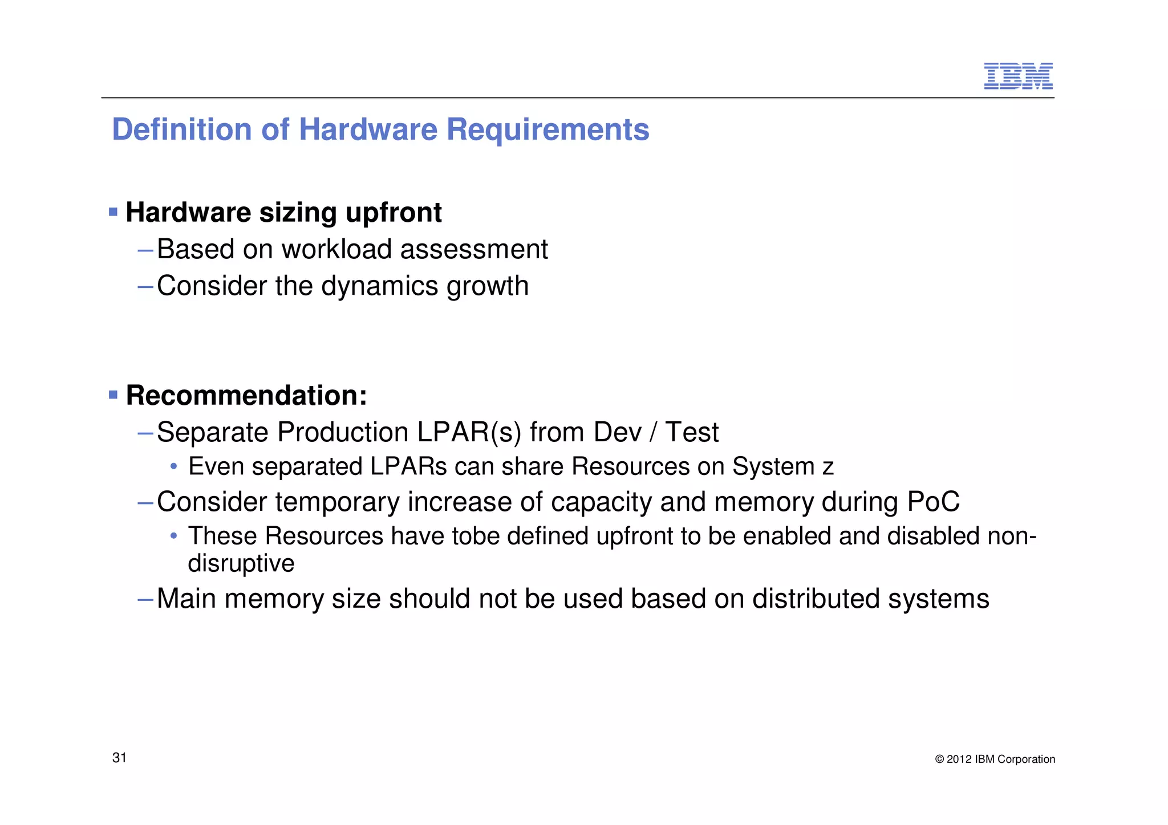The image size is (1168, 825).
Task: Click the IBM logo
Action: (x=1018, y=76)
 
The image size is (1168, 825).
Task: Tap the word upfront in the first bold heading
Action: (x=394, y=213)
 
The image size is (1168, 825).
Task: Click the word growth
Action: (x=488, y=286)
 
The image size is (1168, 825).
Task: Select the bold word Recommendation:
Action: (x=246, y=395)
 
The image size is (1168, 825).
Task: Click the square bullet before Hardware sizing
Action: (x=113, y=212)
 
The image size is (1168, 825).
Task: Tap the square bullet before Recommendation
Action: (x=113, y=395)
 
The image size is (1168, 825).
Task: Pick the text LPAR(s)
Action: (x=469, y=432)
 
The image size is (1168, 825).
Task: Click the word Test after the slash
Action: (x=692, y=432)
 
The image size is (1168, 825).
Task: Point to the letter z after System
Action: (x=828, y=467)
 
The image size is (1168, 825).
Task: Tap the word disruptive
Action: (x=241, y=564)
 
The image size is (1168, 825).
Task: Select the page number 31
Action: (x=119, y=758)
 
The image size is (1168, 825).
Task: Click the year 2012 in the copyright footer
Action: (x=959, y=759)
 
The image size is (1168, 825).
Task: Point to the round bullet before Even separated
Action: (x=173, y=466)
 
